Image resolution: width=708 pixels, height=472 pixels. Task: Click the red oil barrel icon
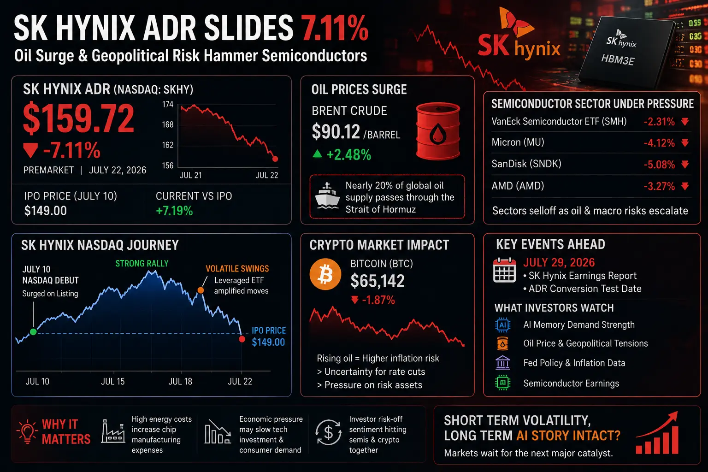click(438, 131)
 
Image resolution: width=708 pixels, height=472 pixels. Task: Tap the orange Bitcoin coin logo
click(325, 274)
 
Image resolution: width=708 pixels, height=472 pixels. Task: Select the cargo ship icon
click(327, 196)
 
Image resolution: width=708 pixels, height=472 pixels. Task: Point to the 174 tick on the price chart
click(167, 104)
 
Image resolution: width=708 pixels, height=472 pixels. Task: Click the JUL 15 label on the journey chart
click(113, 382)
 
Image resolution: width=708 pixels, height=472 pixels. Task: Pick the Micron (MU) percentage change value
click(659, 143)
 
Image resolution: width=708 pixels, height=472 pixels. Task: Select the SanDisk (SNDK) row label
click(526, 164)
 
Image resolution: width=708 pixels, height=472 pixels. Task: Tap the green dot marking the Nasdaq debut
click(33, 331)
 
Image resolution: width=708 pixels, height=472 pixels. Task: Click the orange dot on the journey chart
click(201, 290)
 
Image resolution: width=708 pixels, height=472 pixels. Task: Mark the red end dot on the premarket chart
click(275, 159)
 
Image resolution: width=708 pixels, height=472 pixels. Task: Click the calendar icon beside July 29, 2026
click(504, 270)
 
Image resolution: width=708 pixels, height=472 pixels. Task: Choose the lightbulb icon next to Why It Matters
click(28, 431)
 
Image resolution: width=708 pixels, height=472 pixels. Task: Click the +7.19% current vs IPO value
click(175, 211)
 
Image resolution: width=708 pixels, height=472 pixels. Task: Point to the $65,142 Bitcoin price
click(378, 281)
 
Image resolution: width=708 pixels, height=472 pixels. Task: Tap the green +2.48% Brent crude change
click(348, 155)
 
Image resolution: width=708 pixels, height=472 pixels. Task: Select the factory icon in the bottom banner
click(113, 431)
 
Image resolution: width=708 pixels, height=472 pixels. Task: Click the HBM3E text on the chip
click(617, 59)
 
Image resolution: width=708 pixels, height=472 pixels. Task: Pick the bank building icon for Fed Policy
click(502, 363)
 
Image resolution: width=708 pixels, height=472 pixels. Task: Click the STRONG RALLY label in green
click(142, 263)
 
